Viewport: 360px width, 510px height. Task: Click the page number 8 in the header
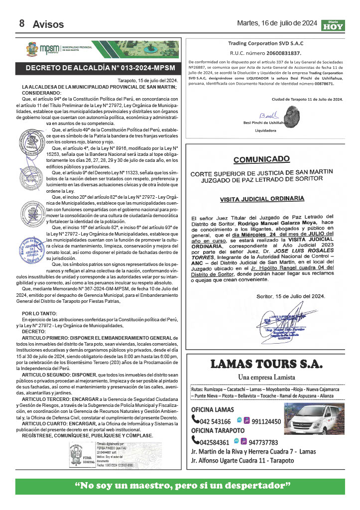(x=22, y=23)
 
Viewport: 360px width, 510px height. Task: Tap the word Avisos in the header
(x=48, y=24)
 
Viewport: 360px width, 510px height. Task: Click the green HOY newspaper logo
(x=333, y=25)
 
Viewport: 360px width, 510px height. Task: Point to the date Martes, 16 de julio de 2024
(x=277, y=23)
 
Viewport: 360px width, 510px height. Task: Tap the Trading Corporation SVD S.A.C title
(x=265, y=43)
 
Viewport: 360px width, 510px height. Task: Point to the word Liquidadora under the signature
(x=265, y=131)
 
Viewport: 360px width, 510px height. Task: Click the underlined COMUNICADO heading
(x=261, y=159)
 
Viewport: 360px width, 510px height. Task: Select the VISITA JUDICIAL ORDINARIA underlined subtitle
(x=262, y=198)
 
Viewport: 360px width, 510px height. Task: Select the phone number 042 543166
(x=214, y=421)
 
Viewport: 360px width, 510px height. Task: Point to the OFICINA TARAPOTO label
(x=218, y=430)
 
